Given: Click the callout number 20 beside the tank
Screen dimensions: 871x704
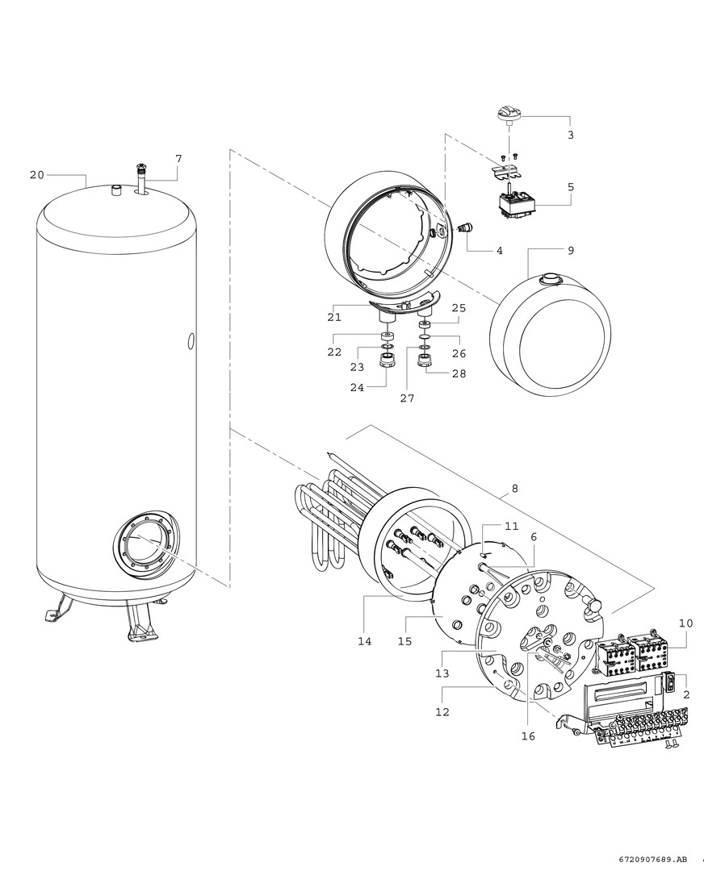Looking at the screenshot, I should click(36, 175).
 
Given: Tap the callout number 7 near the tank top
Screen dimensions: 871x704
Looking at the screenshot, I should click(178, 159).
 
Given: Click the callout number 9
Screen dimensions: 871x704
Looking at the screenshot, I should click(571, 251).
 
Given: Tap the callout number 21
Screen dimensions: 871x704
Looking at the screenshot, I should click(334, 317).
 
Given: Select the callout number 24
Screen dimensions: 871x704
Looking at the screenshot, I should click(356, 387).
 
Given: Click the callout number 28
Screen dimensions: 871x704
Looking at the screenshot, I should click(459, 373).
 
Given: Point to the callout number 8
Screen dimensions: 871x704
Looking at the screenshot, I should click(515, 489).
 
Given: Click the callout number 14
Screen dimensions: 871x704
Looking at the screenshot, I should click(365, 641).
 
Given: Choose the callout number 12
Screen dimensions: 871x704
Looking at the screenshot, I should click(442, 712).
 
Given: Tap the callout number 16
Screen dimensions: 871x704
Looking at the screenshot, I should click(528, 736).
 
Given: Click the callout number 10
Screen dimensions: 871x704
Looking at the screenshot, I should click(685, 623).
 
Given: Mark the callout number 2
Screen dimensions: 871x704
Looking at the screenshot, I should click(685, 694).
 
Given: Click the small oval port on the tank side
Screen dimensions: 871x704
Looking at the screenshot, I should click(191, 342).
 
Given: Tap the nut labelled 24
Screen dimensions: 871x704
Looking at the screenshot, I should click(388, 359).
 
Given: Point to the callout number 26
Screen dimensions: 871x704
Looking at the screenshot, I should click(459, 353).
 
